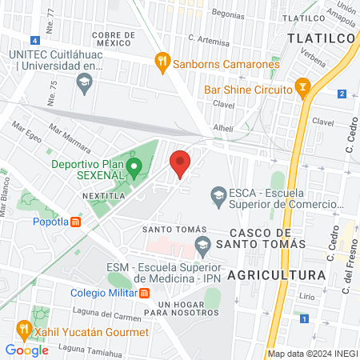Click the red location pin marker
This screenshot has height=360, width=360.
(x=180, y=163)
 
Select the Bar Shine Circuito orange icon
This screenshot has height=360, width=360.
(x=302, y=86)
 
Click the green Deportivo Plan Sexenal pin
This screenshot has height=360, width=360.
(x=134, y=169)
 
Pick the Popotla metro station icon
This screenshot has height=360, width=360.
(x=75, y=222)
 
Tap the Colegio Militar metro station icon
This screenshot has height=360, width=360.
(x=144, y=292)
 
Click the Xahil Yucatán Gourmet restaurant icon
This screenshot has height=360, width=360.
(x=24, y=327)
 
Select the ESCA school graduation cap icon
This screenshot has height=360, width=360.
(x=217, y=194)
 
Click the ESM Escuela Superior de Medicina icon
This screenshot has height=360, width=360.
(x=202, y=244)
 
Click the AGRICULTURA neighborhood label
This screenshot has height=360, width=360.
(x=277, y=274)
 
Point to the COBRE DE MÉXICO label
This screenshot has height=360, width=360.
(x=122, y=39)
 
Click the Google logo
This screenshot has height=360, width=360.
(x=27, y=350)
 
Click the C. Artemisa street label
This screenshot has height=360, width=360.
(x=209, y=38)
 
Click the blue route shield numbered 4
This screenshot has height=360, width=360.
(x=34, y=40)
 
